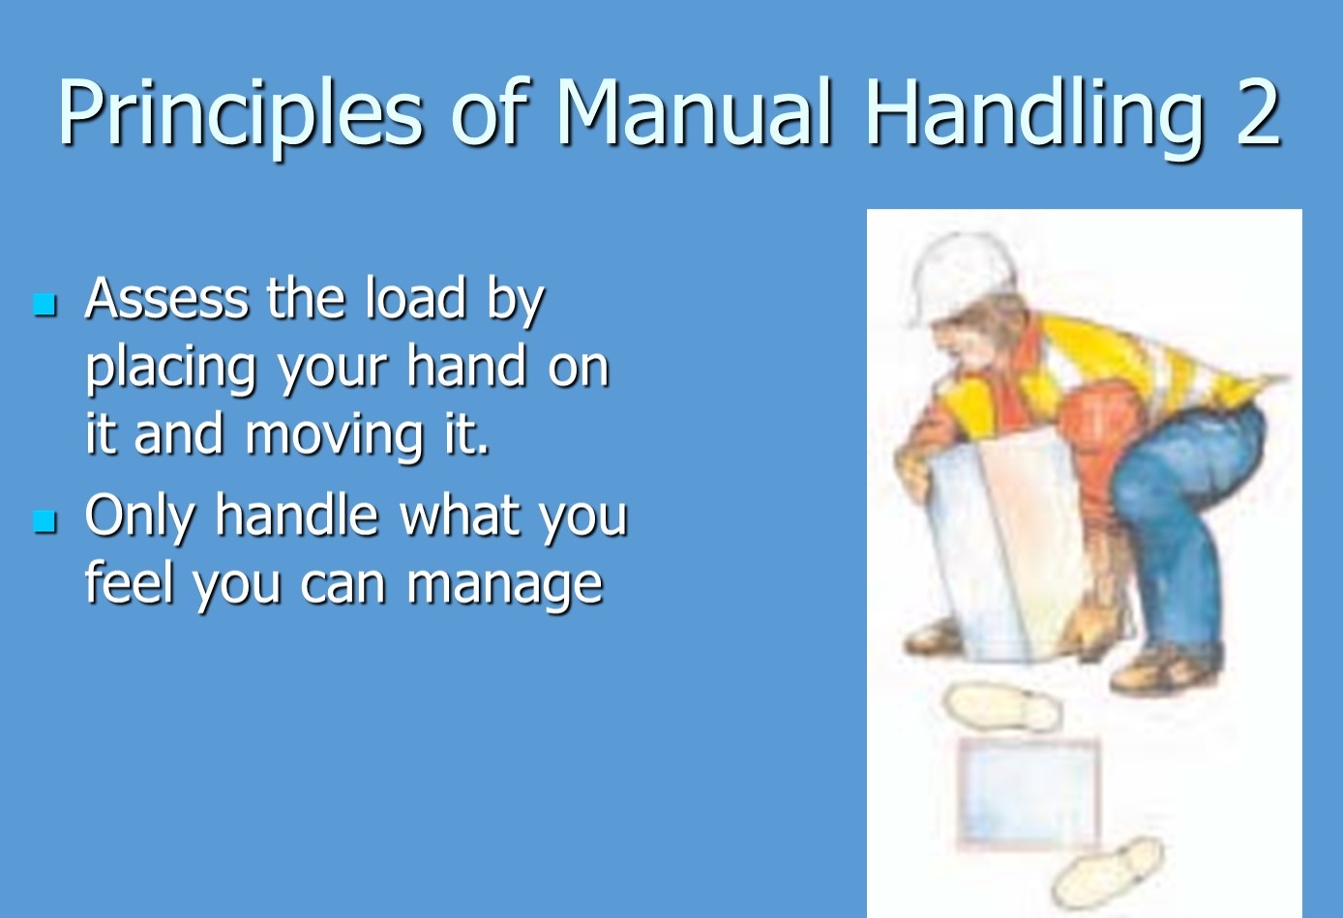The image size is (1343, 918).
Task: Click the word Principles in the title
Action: click(240, 114)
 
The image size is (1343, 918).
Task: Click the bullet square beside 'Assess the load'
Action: click(45, 305)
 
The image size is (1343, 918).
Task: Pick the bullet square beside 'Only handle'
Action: click(45, 521)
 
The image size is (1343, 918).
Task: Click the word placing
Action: click(171, 369)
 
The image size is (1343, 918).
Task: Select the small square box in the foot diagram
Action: click(1028, 793)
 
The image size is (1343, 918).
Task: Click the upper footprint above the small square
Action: click(1000, 708)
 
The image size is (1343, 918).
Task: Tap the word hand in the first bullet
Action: click(466, 366)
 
